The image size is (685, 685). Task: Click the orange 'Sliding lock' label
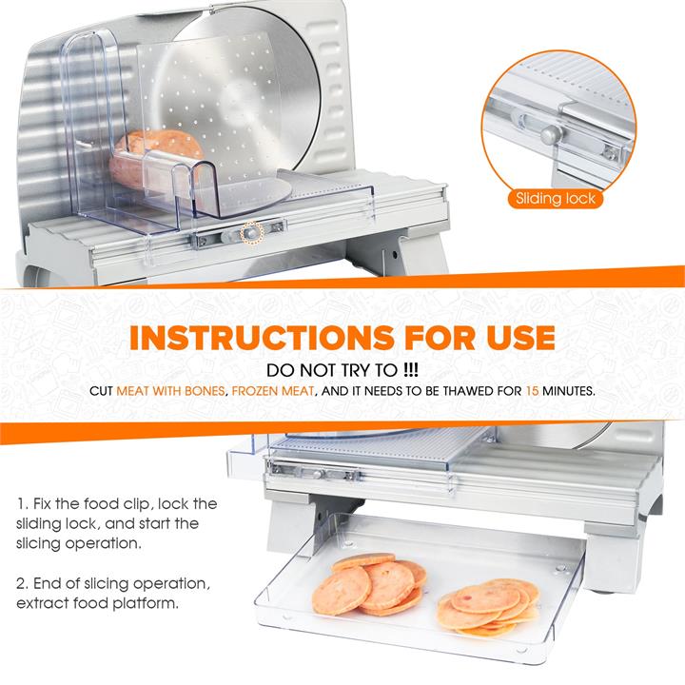pyautogui.click(x=556, y=199)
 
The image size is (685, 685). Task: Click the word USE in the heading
pyautogui.click(x=520, y=338)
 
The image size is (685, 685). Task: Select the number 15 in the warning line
pyautogui.click(x=532, y=391)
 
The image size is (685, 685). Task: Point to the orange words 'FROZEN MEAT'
pyautogui.click(x=273, y=391)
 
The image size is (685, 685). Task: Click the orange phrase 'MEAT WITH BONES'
pyautogui.click(x=171, y=391)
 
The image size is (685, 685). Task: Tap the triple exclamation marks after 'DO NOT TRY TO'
pyautogui.click(x=411, y=370)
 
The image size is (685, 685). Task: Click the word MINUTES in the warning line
pyautogui.click(x=568, y=391)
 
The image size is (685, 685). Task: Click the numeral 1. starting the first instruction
pyautogui.click(x=23, y=503)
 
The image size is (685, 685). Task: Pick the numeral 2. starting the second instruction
pyautogui.click(x=23, y=583)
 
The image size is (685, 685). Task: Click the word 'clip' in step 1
pyautogui.click(x=139, y=504)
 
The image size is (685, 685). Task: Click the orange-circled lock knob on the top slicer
pyautogui.click(x=251, y=234)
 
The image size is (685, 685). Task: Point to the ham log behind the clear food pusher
pyautogui.click(x=154, y=160)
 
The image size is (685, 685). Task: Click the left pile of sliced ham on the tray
pyautogui.click(x=369, y=583)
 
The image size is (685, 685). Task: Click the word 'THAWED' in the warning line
pyautogui.click(x=467, y=391)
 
